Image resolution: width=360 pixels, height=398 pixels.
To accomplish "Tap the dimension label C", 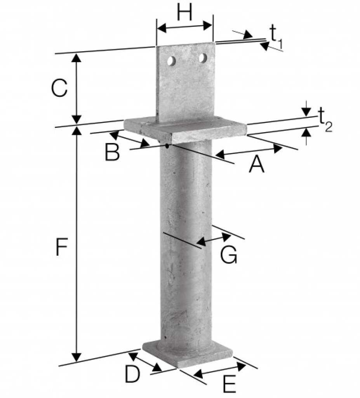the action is pos(59,88).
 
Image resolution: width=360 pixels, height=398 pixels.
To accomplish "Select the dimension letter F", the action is pos(61,246).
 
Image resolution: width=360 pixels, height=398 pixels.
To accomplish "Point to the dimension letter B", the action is pos(112,152).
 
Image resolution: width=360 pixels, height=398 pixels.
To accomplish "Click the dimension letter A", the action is pos(257,164).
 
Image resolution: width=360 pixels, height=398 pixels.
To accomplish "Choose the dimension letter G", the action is pos(229,255).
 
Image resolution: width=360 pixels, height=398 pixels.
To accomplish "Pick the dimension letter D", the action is pos(132,374).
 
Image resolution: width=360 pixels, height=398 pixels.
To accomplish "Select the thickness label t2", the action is pos(325,119).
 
